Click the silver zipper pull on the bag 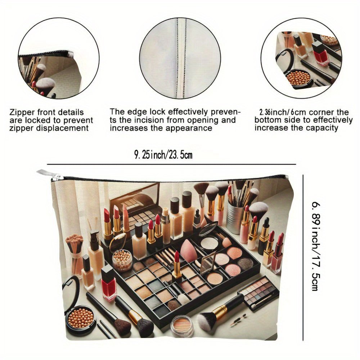[49, 175]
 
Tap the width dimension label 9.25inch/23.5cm [163, 155]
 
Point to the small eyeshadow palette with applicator [258, 293]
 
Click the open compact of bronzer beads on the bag [80, 317]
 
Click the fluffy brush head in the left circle [45, 84]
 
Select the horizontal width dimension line [171, 165]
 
